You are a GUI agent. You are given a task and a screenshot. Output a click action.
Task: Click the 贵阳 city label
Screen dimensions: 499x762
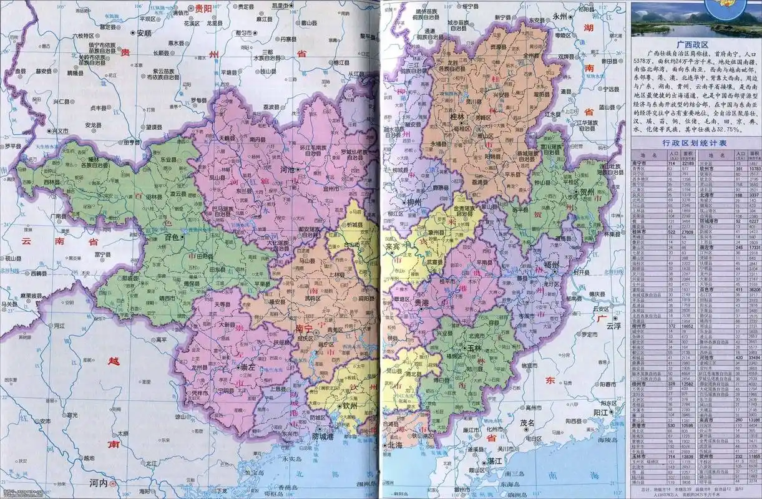203,8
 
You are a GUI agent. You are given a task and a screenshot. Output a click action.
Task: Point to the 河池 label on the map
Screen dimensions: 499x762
287,169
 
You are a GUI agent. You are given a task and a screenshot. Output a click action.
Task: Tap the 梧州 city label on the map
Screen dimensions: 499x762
552,264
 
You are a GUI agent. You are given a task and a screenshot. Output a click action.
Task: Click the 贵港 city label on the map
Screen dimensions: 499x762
423,302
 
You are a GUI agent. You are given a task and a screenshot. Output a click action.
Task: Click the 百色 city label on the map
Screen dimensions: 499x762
172,237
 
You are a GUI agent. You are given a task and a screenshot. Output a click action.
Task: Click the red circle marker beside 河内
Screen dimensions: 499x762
112,483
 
